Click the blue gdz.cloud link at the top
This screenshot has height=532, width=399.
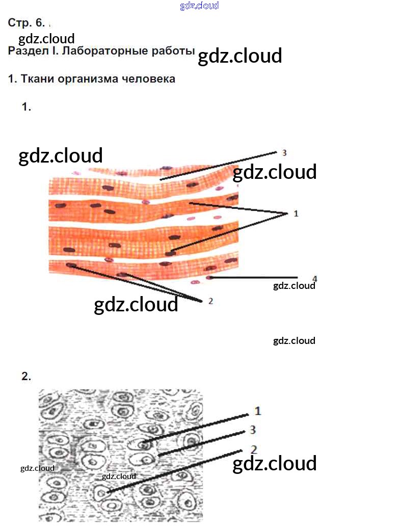[x=199, y=6]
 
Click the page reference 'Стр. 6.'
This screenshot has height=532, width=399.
[x=26, y=23]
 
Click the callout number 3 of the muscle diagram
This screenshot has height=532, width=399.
[x=284, y=152]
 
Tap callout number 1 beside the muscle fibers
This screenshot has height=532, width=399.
[x=296, y=214]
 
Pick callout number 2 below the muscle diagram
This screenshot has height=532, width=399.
[x=210, y=301]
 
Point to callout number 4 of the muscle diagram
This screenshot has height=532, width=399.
[x=314, y=278]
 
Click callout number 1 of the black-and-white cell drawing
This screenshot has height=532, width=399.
[x=258, y=411]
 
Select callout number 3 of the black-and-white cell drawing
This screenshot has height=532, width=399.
[x=253, y=430]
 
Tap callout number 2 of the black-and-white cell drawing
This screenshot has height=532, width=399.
[x=253, y=449]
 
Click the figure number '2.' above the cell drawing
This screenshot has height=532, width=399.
[x=26, y=377]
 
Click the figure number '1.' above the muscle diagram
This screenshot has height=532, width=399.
[x=26, y=107]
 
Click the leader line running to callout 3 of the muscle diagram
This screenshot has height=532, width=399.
[x=219, y=166]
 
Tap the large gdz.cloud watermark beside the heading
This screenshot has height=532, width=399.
[x=240, y=56]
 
